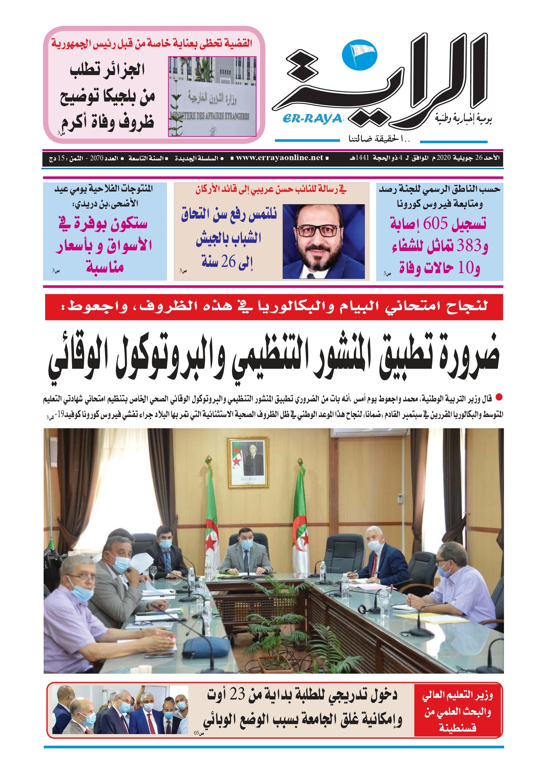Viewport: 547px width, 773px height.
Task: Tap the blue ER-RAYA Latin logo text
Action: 312,119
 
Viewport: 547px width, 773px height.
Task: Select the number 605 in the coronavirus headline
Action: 435,224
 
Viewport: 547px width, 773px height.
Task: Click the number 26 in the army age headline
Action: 228,262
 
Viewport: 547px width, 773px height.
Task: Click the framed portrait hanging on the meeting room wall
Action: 248,462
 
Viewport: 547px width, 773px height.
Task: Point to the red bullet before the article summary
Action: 499,398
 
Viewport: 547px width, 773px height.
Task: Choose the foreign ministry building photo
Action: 212,96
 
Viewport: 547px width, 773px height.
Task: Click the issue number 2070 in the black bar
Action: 96,158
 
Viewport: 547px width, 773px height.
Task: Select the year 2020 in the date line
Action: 444,158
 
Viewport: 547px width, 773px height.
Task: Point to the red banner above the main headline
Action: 274,307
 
